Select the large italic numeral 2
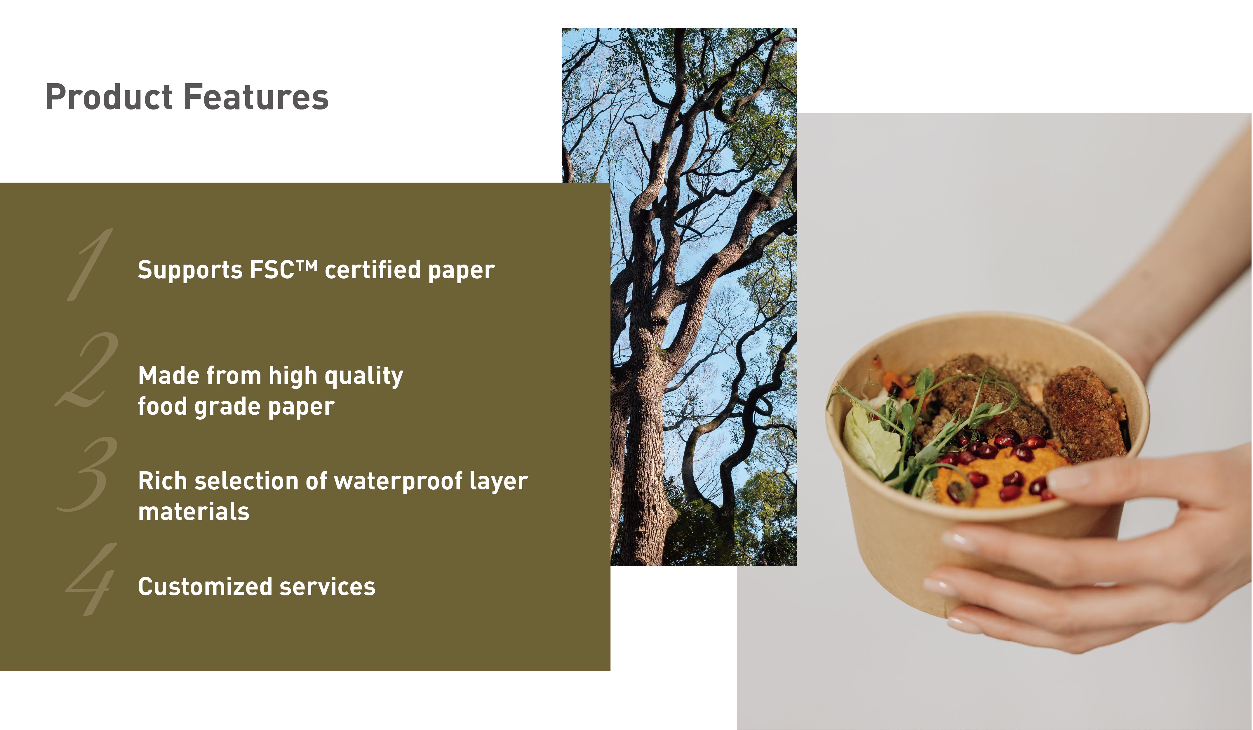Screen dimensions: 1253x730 87,371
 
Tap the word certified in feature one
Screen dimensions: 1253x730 373,270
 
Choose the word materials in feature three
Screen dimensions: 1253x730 194,512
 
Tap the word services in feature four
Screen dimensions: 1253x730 327,587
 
